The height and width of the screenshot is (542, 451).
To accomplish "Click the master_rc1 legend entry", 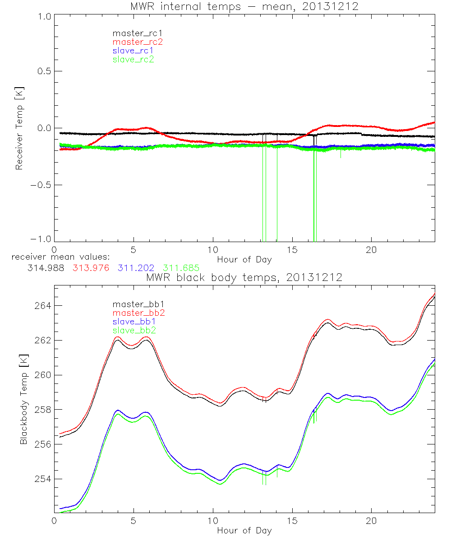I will (133, 33).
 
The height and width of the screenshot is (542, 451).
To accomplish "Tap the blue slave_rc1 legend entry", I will (133, 51).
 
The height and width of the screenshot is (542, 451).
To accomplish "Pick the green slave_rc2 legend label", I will (133, 59).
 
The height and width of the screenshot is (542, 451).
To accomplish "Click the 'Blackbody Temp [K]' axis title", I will (24, 400).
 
